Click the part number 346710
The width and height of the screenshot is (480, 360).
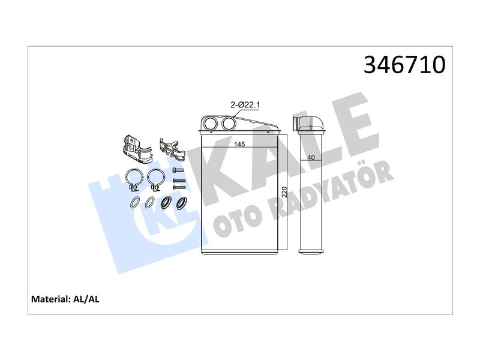pyautogui.click(x=404, y=65)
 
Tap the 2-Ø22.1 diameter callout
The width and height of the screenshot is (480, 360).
pyautogui.click(x=245, y=105)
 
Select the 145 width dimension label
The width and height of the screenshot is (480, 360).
pyautogui.click(x=239, y=144)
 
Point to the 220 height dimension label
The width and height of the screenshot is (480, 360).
pyautogui.click(x=284, y=191)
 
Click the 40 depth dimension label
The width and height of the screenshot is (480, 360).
pyautogui.click(x=311, y=157)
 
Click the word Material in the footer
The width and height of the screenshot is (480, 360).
pyautogui.click(x=51, y=299)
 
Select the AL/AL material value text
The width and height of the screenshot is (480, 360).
pyautogui.click(x=86, y=299)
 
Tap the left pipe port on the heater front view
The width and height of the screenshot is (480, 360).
pyautogui.click(x=211, y=123)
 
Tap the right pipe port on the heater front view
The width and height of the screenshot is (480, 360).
pyautogui.click(x=229, y=123)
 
